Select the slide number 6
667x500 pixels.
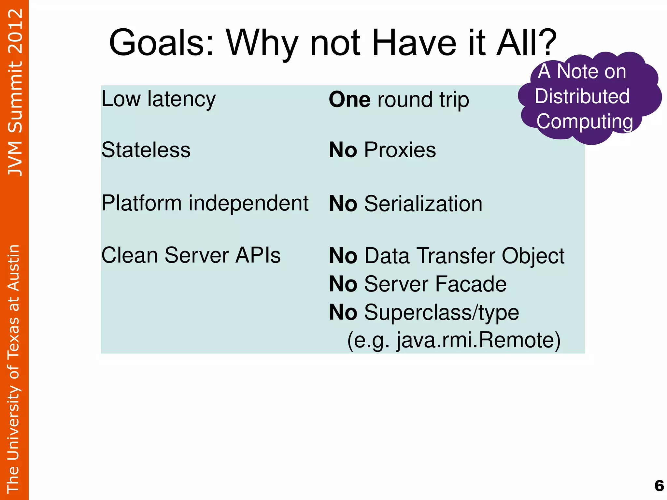(659, 486)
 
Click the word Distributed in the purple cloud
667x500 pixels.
(582, 96)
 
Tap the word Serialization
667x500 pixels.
(423, 204)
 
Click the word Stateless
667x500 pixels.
(146, 150)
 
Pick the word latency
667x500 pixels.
(181, 99)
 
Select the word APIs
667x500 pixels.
(258, 255)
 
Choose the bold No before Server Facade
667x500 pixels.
(343, 284)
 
